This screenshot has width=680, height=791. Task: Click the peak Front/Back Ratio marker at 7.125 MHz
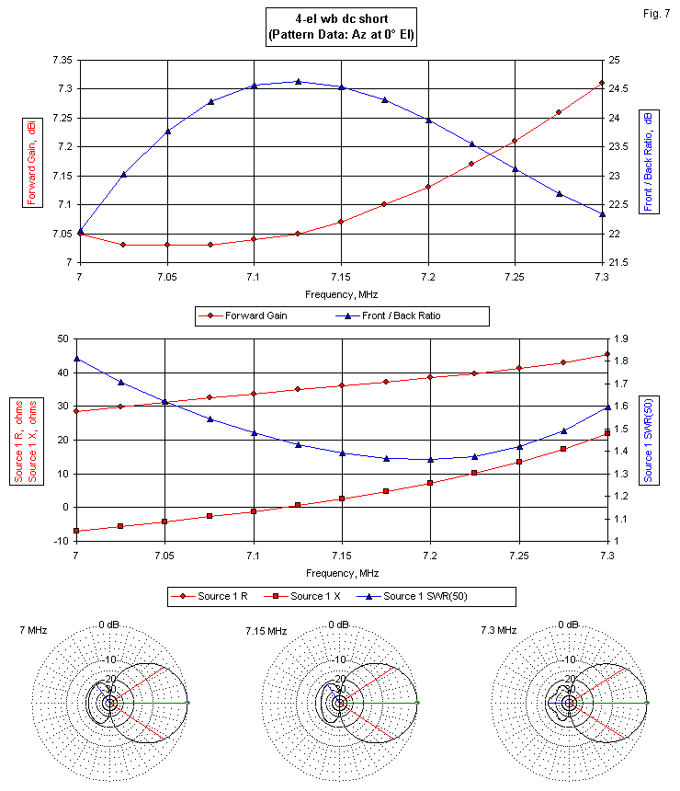point(298,82)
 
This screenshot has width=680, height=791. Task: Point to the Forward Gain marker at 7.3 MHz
point(602,83)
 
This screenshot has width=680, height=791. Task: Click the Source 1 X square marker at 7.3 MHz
point(607,433)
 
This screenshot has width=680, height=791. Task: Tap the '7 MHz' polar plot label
point(34,630)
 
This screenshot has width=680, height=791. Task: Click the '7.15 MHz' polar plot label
point(264,630)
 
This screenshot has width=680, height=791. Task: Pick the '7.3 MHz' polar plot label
point(498,630)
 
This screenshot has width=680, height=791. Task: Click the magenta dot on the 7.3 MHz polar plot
point(648,703)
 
